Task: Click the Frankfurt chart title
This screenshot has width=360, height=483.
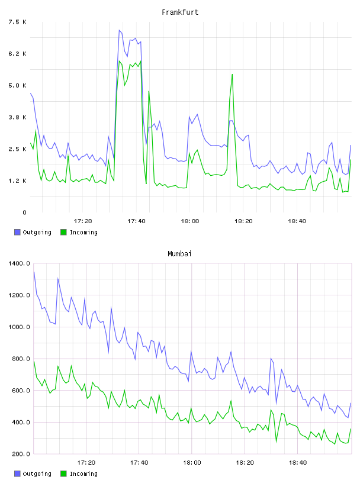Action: (x=180, y=12)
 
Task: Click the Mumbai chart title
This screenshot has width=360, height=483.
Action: (x=179, y=254)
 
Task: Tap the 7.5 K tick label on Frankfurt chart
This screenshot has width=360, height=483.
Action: (x=18, y=22)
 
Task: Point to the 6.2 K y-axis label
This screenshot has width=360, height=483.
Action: (x=18, y=54)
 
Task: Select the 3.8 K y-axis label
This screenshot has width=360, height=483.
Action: (x=18, y=117)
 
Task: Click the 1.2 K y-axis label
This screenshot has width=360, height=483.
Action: (x=18, y=181)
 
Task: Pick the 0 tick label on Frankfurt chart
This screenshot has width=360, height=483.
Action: (x=25, y=212)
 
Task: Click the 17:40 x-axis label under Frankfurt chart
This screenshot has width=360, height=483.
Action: (x=136, y=221)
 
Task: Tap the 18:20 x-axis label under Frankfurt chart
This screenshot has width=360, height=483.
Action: (x=243, y=221)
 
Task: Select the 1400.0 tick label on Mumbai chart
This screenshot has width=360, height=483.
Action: (x=19, y=263)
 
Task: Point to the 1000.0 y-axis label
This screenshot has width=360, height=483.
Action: (x=19, y=327)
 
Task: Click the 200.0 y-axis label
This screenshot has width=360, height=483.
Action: (x=21, y=454)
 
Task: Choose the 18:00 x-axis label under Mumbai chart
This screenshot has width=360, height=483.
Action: (x=192, y=463)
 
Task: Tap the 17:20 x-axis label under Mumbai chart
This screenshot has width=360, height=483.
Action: (x=86, y=463)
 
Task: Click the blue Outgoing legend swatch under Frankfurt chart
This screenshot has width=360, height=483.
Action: (x=17, y=232)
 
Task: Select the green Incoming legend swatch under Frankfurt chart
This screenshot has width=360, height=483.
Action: (x=63, y=232)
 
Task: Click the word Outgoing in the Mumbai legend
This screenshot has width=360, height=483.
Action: (x=37, y=474)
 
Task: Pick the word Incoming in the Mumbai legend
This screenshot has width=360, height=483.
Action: (x=83, y=474)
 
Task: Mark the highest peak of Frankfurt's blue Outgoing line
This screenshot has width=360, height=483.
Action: (x=119, y=30)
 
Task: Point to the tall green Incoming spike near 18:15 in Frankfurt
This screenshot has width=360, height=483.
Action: (x=232, y=74)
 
